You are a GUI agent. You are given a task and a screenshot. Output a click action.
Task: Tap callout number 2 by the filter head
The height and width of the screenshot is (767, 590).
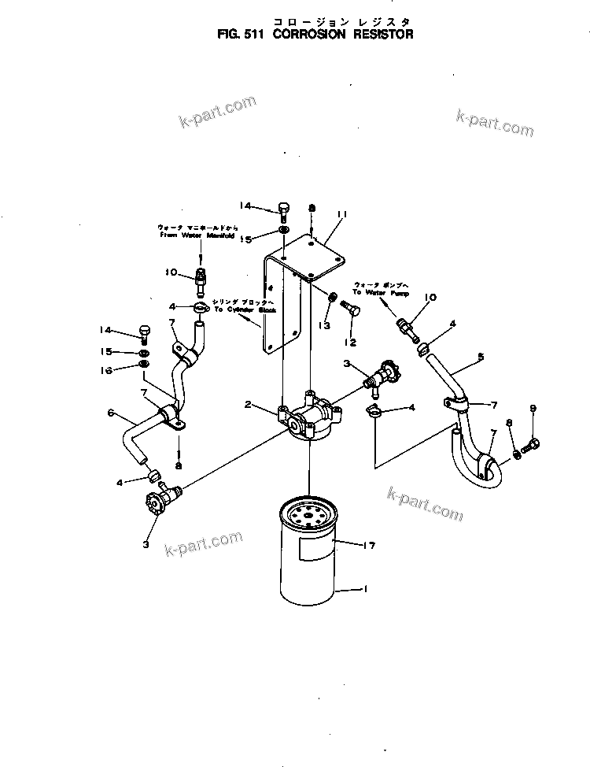(248, 405)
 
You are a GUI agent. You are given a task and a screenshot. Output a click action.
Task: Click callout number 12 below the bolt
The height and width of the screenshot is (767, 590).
(349, 343)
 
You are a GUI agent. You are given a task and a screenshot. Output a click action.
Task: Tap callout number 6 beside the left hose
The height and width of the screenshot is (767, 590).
(111, 413)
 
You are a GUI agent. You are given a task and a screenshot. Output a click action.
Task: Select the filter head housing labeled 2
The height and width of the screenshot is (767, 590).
(312, 417)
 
